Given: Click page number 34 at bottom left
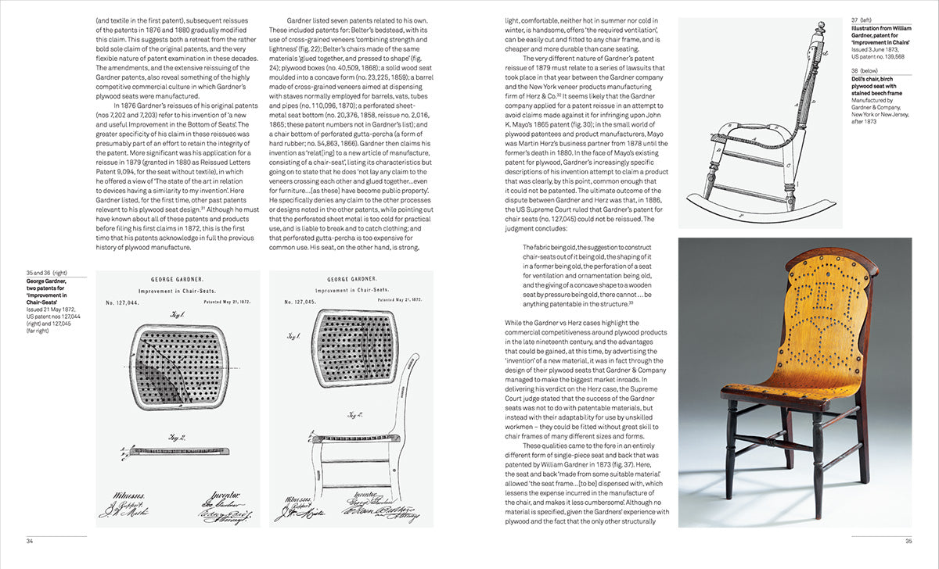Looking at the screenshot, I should [x=30, y=541].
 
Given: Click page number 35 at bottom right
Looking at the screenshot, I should [x=908, y=541].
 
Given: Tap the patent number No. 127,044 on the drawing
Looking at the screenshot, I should [x=122, y=301].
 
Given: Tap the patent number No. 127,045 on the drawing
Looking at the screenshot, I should [x=297, y=301].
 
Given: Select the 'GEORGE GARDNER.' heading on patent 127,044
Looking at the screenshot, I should [x=178, y=278].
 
